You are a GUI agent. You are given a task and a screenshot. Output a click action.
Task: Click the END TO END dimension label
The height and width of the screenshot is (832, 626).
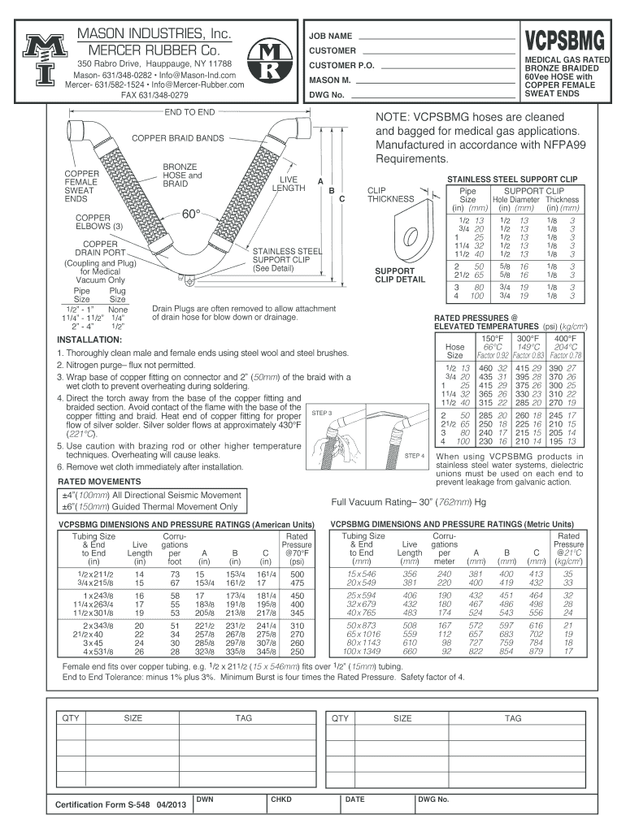coord(189,111)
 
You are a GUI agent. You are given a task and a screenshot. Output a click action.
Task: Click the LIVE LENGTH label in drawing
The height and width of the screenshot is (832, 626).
coord(289,183)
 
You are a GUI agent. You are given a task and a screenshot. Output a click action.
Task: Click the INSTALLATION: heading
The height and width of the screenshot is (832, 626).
coord(89,339)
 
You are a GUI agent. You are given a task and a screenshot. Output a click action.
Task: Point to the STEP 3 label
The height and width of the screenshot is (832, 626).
coord(324,414)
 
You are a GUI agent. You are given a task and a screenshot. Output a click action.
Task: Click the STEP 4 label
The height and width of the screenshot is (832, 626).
coord(415,456)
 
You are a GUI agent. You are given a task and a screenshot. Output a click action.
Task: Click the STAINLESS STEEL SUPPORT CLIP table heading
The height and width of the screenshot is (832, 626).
coord(512,177)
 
